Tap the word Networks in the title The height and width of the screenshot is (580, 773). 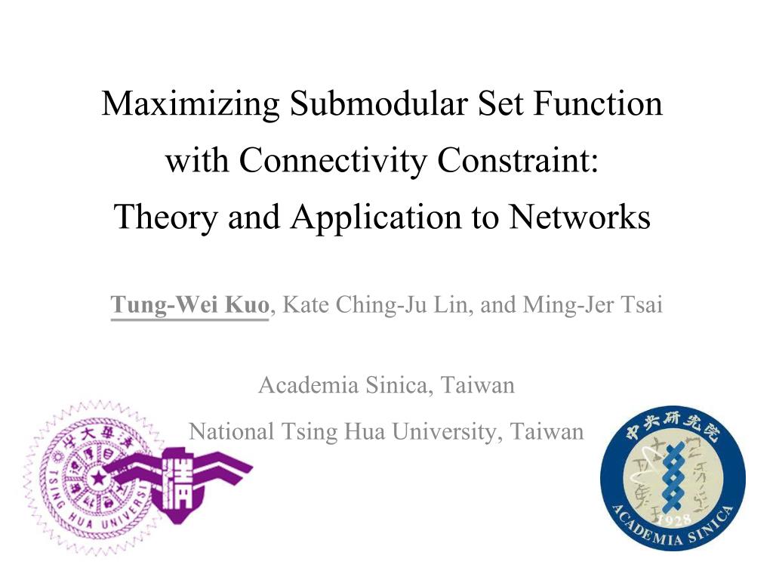point(581,217)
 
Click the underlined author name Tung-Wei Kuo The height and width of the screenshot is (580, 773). point(189,307)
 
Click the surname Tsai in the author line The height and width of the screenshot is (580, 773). point(642,307)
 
